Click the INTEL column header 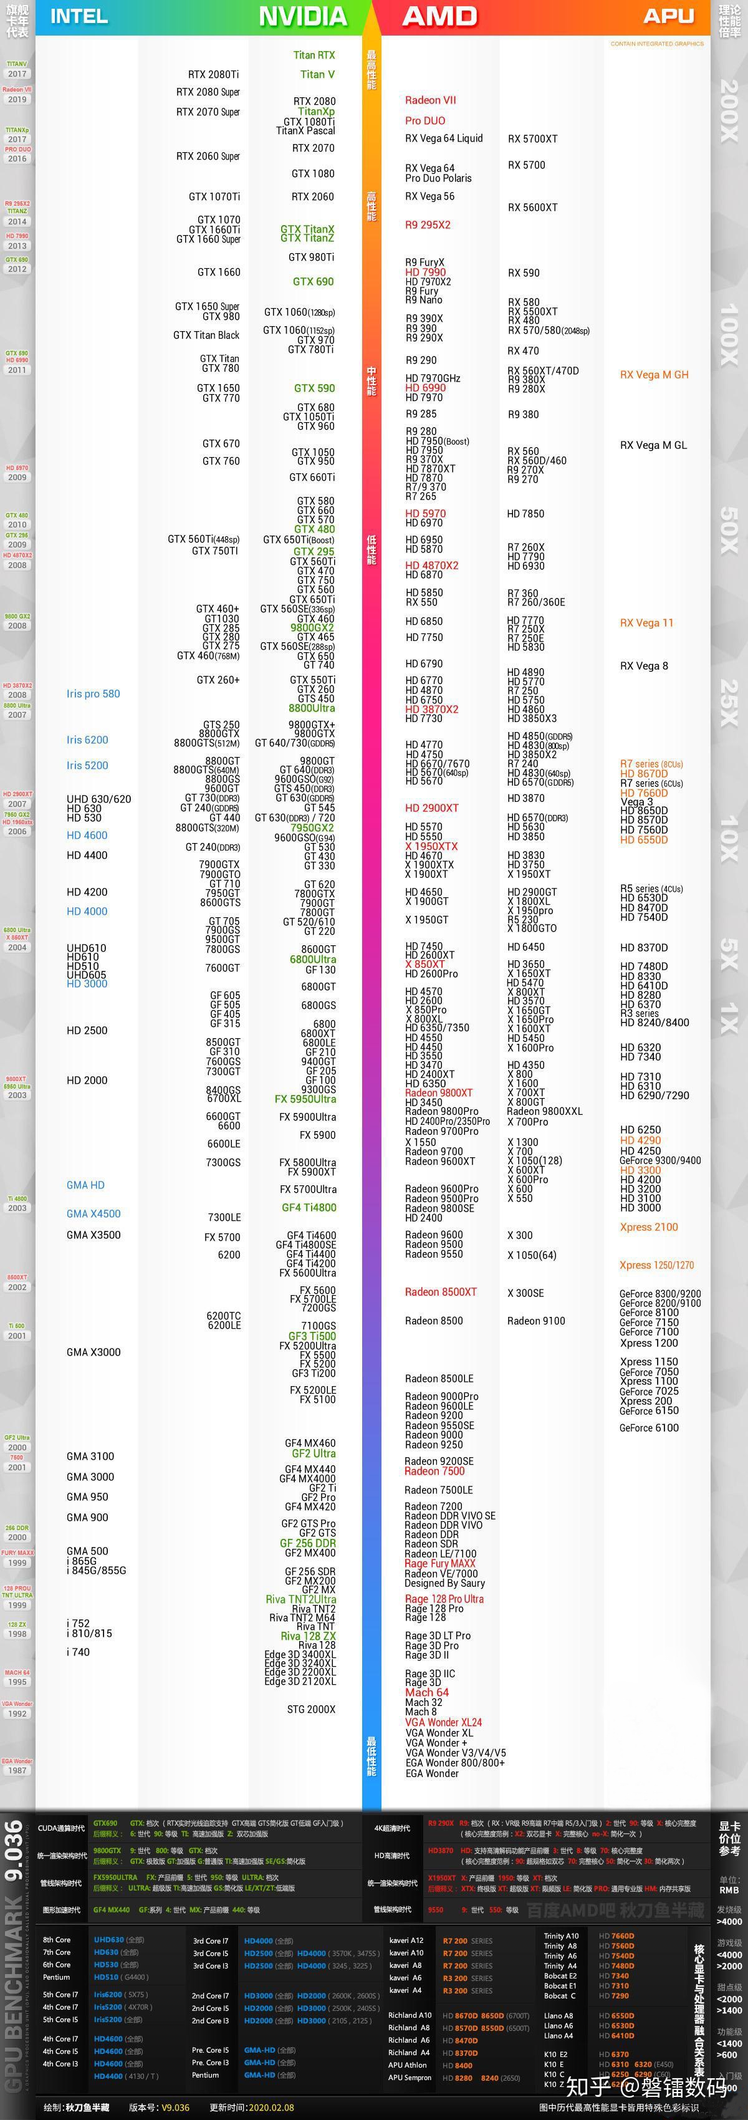[x=79, y=16]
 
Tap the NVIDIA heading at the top [x=303, y=16]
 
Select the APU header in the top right [x=668, y=16]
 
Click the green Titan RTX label [x=314, y=55]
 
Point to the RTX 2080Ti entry [x=213, y=74]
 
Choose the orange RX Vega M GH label [x=654, y=375]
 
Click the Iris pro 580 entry [x=93, y=694]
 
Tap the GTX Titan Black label [x=206, y=335]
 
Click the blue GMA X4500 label [x=93, y=1214]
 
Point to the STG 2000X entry [x=311, y=1709]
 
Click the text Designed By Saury [x=444, y=1583]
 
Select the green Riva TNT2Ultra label [x=300, y=1599]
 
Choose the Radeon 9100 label [x=535, y=1321]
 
